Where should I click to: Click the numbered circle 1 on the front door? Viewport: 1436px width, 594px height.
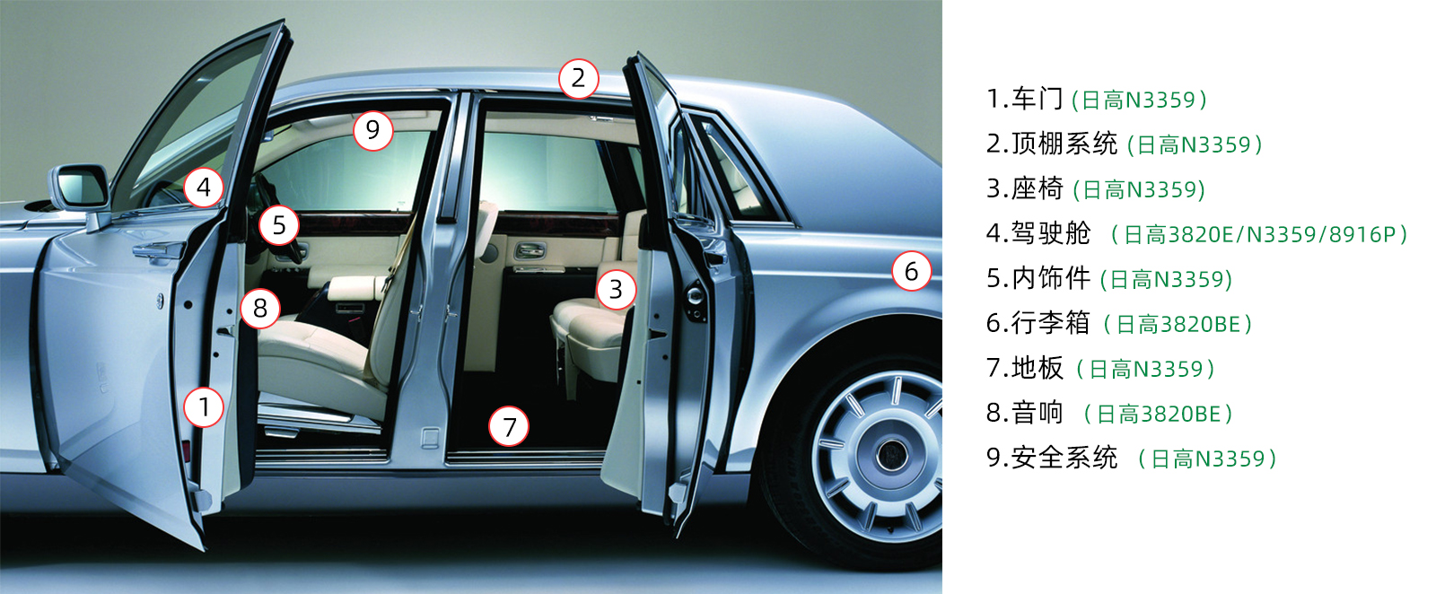[204, 406]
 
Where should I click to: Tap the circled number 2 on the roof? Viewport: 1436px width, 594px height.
[578, 79]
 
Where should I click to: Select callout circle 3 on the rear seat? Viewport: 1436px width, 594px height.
[616, 290]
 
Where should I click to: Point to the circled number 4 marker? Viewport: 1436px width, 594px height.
[204, 188]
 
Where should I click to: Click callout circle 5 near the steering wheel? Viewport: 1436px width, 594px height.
[279, 225]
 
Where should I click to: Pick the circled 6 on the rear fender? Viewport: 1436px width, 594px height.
[912, 272]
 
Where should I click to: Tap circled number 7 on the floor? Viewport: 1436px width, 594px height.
[509, 427]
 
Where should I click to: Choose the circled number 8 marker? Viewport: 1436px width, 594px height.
[260, 309]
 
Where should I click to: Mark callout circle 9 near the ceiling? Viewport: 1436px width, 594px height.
[373, 130]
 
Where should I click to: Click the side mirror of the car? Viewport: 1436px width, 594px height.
[80, 188]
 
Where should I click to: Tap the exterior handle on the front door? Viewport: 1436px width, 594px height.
[157, 250]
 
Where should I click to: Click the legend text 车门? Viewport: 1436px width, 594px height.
[1038, 99]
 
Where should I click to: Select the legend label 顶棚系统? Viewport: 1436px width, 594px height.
[1064, 144]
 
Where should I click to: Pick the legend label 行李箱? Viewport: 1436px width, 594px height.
[1051, 323]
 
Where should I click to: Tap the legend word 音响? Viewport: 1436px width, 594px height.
[1038, 413]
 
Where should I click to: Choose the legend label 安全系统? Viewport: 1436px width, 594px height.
[1064, 458]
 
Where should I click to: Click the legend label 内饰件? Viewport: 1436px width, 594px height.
[1051, 278]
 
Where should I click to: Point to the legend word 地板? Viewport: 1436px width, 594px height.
[1038, 368]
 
